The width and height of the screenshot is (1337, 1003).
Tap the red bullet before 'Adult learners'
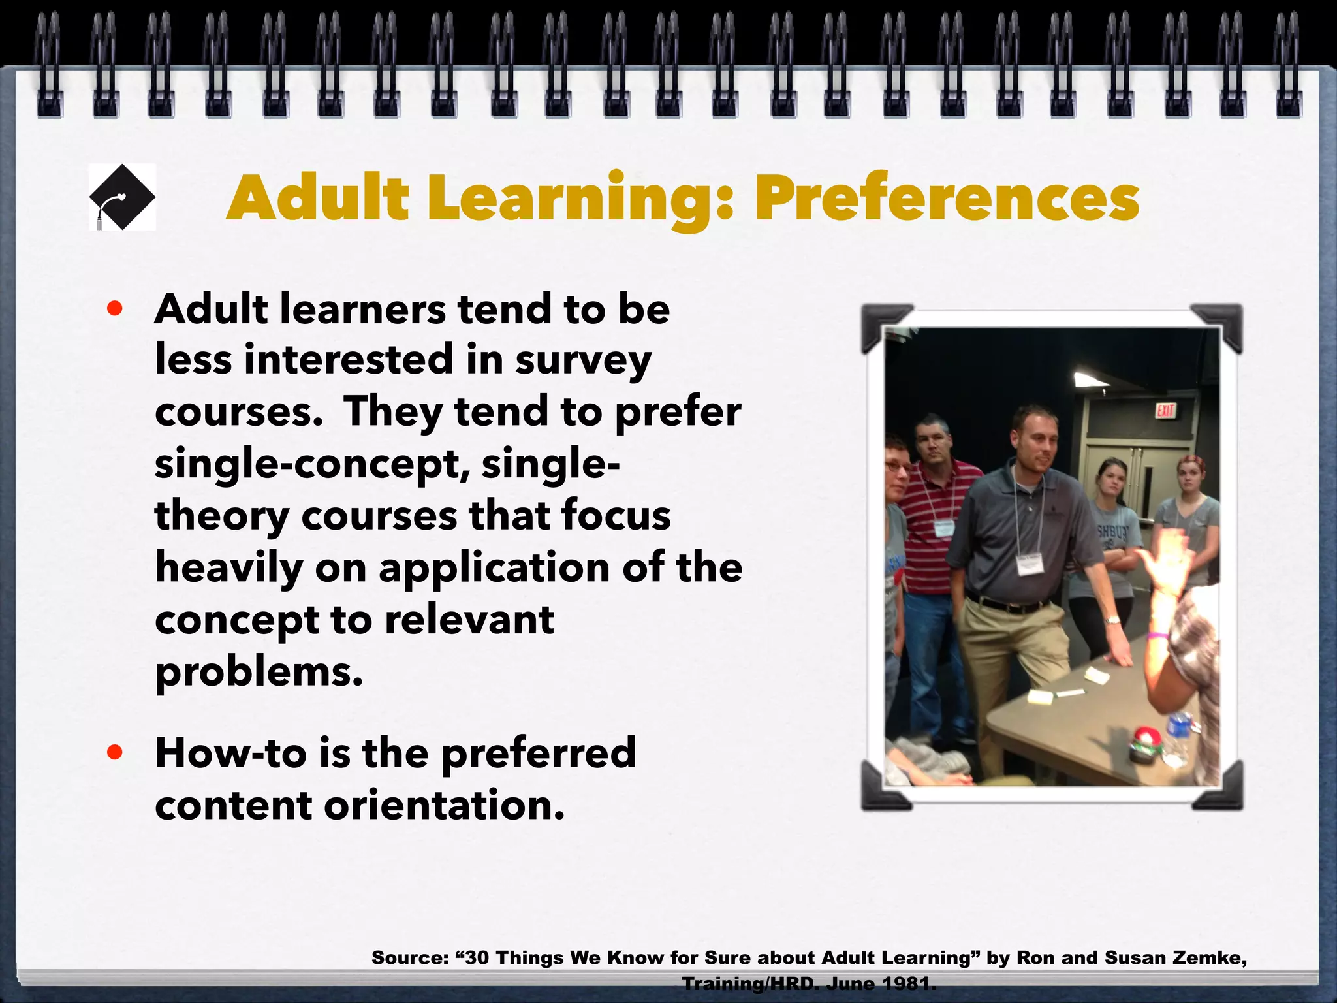[115, 308]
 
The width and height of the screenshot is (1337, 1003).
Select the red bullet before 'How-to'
[115, 752]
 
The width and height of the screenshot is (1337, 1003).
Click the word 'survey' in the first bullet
[583, 361]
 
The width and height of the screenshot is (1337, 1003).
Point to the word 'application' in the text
[495, 567]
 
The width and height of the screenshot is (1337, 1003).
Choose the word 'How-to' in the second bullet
[230, 753]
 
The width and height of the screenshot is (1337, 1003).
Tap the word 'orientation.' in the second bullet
[444, 805]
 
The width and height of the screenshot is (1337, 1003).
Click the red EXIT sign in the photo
[1165, 411]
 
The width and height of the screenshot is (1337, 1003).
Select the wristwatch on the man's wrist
[1112, 620]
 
